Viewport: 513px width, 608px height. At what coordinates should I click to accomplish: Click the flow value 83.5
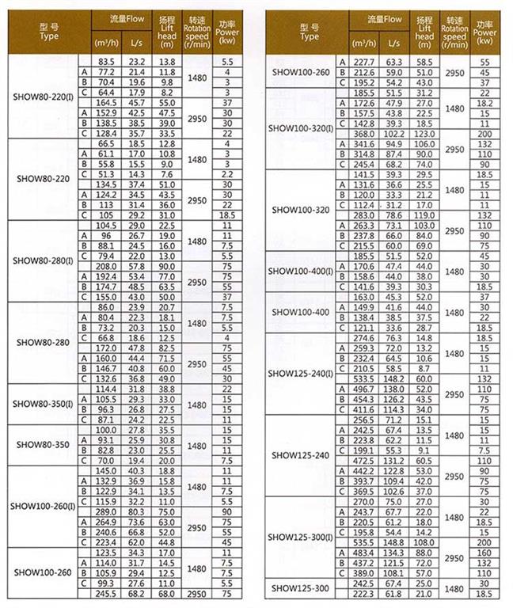(x=107, y=61)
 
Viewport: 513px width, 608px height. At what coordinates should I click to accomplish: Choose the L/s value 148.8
(x=393, y=542)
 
